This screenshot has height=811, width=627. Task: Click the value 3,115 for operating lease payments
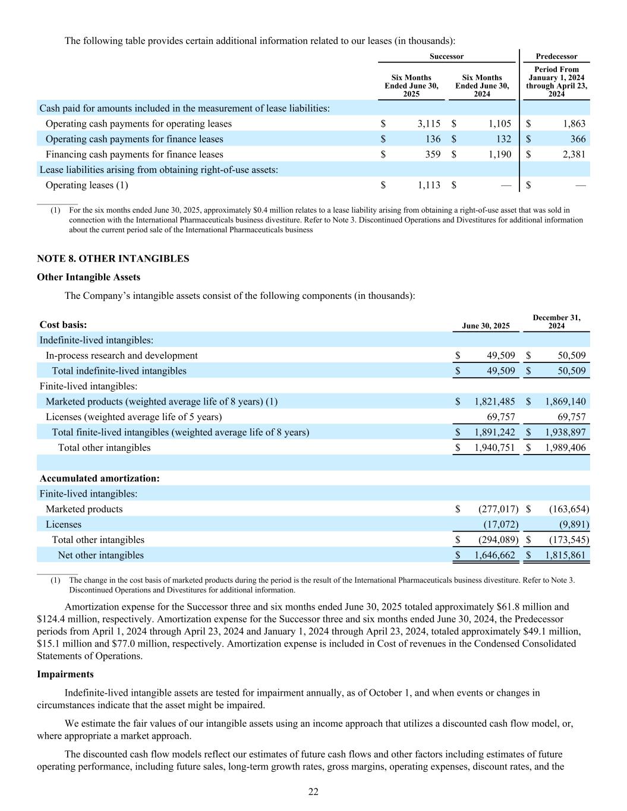(428, 124)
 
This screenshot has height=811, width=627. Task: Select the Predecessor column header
(556, 56)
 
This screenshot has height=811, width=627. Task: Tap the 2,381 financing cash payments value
(573, 154)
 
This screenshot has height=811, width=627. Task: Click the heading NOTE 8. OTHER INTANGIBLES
(113, 258)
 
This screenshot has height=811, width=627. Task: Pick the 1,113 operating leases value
(428, 185)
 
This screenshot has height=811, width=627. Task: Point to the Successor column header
(446, 56)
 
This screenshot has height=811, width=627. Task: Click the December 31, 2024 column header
(556, 322)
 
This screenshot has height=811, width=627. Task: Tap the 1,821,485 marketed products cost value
(494, 402)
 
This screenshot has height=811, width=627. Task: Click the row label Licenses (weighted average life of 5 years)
(134, 417)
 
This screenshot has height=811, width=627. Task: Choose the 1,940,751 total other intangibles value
(494, 447)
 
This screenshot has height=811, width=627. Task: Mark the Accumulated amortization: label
(99, 478)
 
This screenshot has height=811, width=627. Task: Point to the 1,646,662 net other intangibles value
(494, 555)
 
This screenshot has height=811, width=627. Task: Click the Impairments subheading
(65, 674)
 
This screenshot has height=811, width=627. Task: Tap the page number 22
(313, 791)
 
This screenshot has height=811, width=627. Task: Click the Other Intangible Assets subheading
(89, 277)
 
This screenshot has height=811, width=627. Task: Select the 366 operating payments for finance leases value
(577, 139)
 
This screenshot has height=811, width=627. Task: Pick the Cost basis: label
(63, 325)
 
